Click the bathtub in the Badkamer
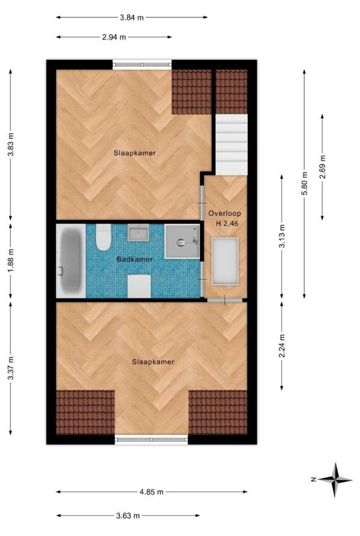tap(71, 261)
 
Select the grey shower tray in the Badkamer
tap(182, 241)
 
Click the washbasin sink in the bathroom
tap(139, 233)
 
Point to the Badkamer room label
tap(134, 259)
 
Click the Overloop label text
tap(225, 213)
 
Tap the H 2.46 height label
tap(227, 223)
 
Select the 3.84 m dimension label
tap(132, 17)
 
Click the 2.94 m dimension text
tap(114, 37)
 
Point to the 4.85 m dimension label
tap(151, 492)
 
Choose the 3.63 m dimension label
tap(128, 516)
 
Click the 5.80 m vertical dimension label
tap(304, 184)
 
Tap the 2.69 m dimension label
tap(322, 167)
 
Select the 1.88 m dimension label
tap(11, 260)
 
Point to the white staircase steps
tap(231, 145)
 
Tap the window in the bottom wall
tap(151, 439)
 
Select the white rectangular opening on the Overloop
tap(225, 261)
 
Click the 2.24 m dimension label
tap(282, 346)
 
